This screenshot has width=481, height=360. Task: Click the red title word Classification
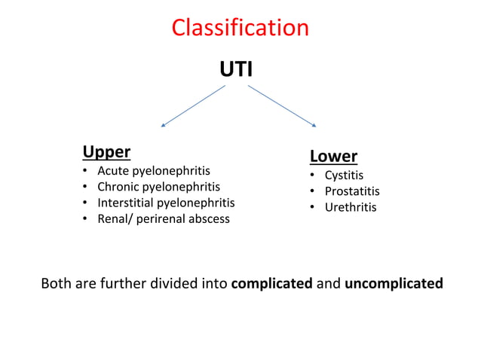pos(240,28)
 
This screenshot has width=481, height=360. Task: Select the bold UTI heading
pos(236,70)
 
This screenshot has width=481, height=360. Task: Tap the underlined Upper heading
pos(106,152)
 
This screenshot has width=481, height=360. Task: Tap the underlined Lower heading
pos(333,157)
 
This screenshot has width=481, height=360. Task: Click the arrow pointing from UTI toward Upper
pos(193,105)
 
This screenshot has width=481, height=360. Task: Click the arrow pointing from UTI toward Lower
pos(281,105)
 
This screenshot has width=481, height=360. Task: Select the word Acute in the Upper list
pos(113,171)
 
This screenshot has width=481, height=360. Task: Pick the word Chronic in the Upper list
pos(118,187)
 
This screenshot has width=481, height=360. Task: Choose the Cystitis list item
pos(344,175)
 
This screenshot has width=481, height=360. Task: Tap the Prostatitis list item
pos(352,191)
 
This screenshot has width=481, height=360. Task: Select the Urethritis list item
pos(351,207)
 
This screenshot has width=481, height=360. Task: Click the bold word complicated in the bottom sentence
pos(271,284)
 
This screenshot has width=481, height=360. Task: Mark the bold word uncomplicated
pos(394,284)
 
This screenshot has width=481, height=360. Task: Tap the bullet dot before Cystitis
pos(313,176)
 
